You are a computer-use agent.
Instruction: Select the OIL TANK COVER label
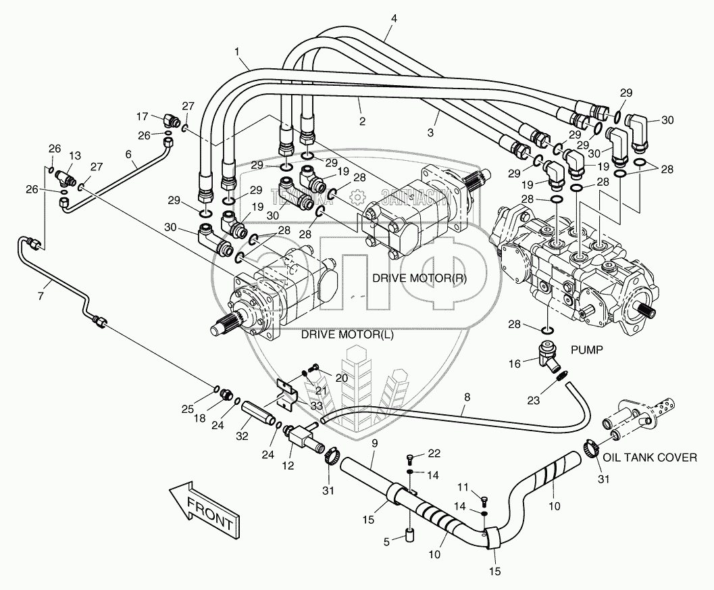pos(650,458)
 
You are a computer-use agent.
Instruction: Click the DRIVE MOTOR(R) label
pos(419,278)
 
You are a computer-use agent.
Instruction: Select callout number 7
pos(40,296)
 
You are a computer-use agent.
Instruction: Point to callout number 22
pos(433,453)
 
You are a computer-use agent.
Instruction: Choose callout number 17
pos(143,116)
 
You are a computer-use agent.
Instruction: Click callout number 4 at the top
pos(393,20)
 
